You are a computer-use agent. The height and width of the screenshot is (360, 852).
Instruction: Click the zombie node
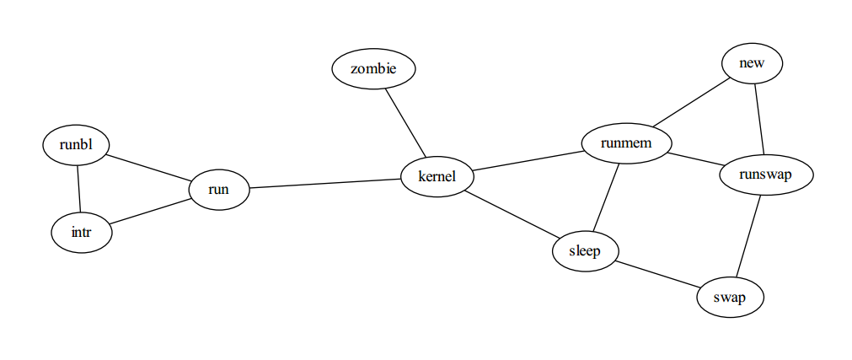373,69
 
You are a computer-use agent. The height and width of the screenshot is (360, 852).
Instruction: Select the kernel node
437,177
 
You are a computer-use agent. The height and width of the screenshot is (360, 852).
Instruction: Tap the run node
219,191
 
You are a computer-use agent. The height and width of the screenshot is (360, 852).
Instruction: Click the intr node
81,232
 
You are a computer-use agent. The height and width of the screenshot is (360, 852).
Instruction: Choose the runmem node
626,144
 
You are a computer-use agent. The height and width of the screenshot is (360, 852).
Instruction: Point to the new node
752,64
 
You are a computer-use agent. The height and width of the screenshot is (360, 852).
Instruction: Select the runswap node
766,175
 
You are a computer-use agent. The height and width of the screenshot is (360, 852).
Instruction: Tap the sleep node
586,251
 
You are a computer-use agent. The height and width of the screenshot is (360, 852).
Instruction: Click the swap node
731,298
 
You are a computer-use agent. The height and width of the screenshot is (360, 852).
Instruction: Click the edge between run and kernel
325,183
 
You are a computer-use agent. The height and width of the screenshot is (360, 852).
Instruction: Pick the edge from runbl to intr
79,189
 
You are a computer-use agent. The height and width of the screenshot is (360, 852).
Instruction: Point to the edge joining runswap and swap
749,236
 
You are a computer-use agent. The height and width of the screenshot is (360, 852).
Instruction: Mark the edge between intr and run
149,212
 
